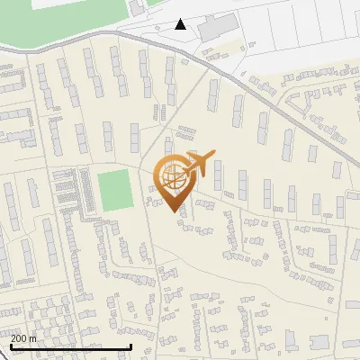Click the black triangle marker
(x=181, y=24)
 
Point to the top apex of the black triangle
(x=181, y=19)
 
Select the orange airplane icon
(x=202, y=163)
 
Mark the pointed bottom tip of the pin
(x=173, y=211)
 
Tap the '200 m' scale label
(x=23, y=338)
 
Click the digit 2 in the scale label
(x=13, y=338)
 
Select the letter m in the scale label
(x=33, y=339)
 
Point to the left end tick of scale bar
(x=10, y=346)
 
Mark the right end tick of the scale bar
(x=131, y=346)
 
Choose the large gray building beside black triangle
(x=216, y=26)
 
